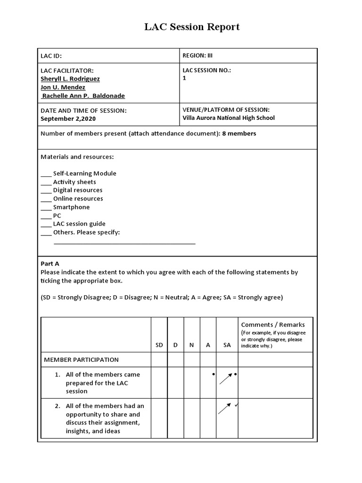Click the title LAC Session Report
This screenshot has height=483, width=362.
click(x=192, y=27)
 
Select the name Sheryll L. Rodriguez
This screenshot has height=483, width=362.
click(x=70, y=79)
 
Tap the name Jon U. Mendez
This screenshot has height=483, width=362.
click(x=63, y=87)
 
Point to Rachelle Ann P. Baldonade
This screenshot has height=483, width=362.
click(x=83, y=96)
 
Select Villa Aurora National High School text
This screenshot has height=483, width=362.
click(x=228, y=118)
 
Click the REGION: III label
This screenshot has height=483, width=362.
click(x=197, y=55)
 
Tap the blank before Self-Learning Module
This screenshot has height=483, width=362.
click(x=46, y=174)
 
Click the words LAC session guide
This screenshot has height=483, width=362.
click(x=79, y=224)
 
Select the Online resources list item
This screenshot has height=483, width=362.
click(x=78, y=199)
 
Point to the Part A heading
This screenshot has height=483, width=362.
click(x=50, y=264)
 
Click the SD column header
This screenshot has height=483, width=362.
click(x=159, y=345)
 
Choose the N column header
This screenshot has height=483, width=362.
click(x=191, y=345)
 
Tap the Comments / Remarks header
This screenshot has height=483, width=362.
click(x=273, y=325)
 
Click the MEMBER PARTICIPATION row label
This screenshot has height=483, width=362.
click(x=82, y=359)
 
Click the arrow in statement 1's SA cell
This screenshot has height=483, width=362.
click(x=226, y=378)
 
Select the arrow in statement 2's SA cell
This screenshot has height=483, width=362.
click(x=224, y=408)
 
